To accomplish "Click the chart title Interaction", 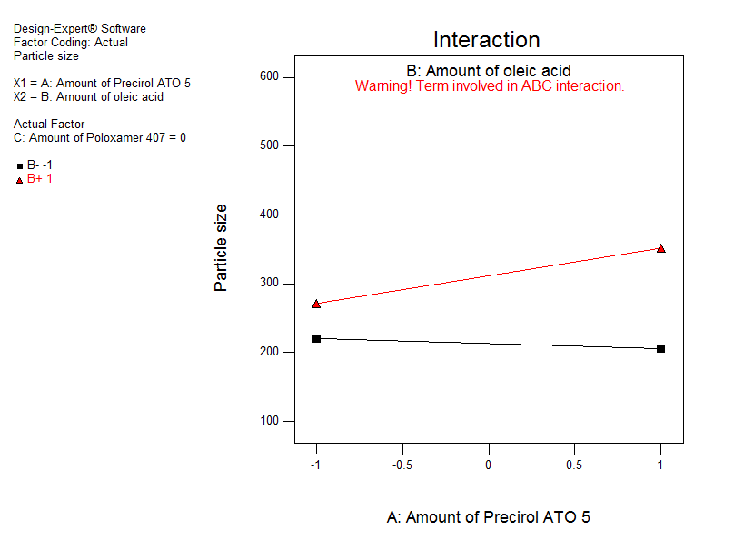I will [x=486, y=40].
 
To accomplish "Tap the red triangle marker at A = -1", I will [x=316, y=304].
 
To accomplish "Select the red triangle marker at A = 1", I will [x=660, y=248].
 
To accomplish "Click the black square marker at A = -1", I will [x=316, y=338].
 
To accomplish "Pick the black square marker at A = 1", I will [x=660, y=349].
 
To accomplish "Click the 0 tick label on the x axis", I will [x=489, y=465].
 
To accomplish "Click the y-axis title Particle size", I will [x=221, y=247].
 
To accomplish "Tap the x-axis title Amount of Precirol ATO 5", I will [x=489, y=517].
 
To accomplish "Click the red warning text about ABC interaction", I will [x=490, y=86].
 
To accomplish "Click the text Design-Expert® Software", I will [x=80, y=29].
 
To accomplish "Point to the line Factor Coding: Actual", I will [x=71, y=42].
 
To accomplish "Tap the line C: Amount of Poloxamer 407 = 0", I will [x=100, y=138].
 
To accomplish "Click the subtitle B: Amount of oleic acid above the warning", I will [x=489, y=71].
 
